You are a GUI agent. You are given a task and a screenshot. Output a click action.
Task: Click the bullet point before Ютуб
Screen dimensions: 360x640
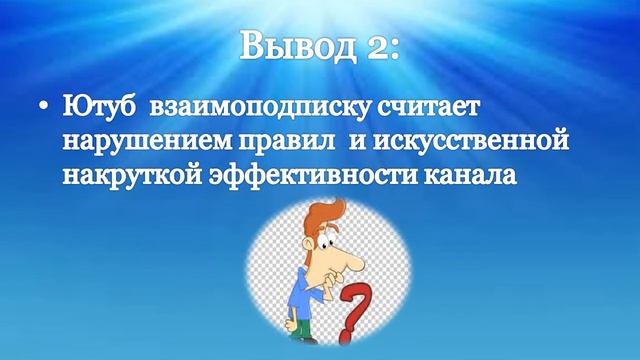(39, 105)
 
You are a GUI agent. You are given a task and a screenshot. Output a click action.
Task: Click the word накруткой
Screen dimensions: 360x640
(124, 175)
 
